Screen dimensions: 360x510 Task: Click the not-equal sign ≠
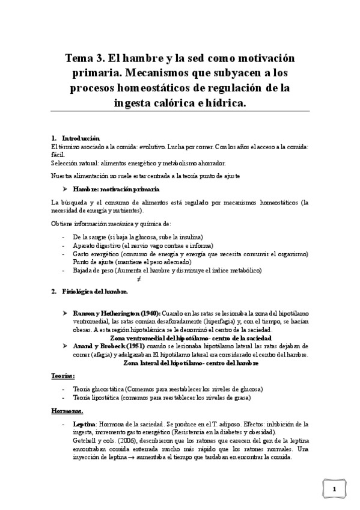(x=139, y=279)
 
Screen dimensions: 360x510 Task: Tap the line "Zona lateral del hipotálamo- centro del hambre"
(x=191, y=363)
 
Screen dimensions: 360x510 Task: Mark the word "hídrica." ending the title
(x=224, y=103)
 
